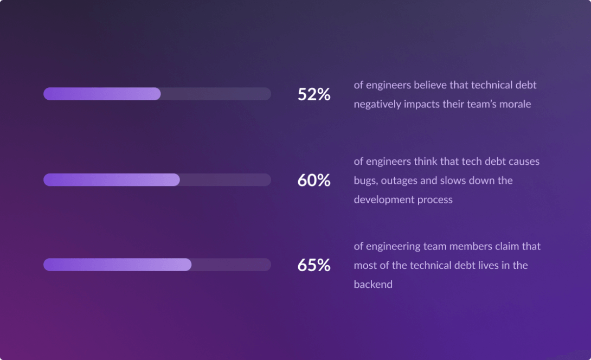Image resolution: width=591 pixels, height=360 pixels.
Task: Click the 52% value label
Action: coord(314,94)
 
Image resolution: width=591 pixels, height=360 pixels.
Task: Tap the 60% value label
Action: coord(314,180)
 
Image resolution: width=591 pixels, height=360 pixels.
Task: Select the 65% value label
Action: coord(314,265)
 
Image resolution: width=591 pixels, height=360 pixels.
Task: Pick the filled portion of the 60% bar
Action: coord(111,180)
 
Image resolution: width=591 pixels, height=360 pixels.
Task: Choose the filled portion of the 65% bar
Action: coord(117,265)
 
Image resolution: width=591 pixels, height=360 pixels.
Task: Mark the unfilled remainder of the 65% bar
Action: coord(231,265)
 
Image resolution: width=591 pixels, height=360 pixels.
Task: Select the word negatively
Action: coord(377,104)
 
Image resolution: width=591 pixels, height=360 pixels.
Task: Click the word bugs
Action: coord(365,181)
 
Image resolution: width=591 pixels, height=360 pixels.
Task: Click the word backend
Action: coord(373,284)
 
